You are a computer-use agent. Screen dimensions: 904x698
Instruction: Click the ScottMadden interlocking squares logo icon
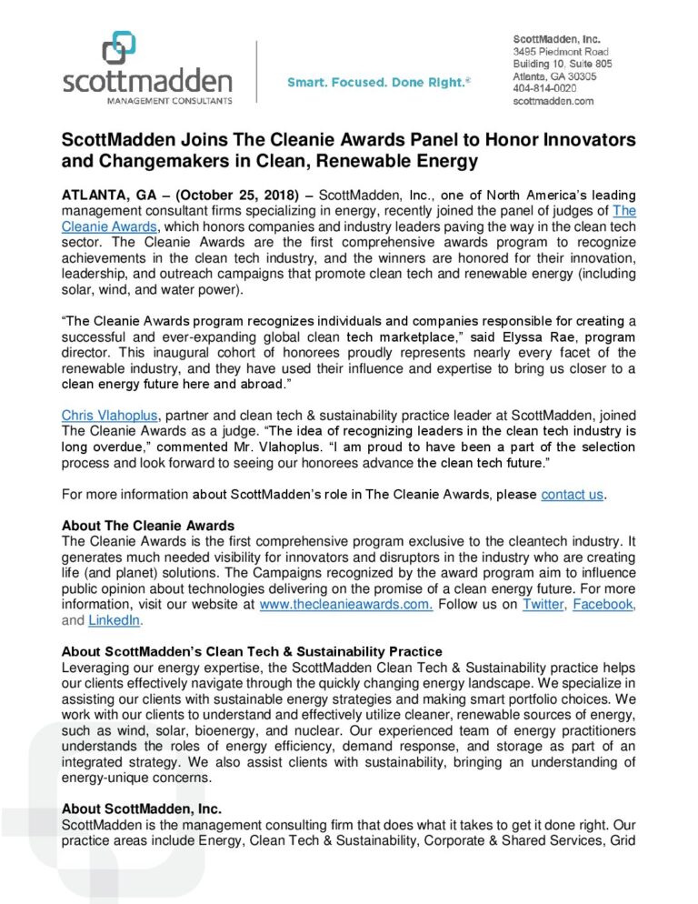(x=118, y=46)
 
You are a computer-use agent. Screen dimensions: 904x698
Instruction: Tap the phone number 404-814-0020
(x=544, y=88)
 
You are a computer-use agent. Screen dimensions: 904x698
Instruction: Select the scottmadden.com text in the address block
(x=553, y=101)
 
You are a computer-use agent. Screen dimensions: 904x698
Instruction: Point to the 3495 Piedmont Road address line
(x=561, y=53)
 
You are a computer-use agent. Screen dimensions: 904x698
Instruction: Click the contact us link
(x=572, y=495)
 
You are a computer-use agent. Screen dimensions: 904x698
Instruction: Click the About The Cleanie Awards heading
(x=147, y=526)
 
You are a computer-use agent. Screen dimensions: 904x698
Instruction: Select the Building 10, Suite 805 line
(x=563, y=65)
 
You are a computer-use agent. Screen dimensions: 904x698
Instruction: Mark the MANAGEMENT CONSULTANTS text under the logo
(x=147, y=100)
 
